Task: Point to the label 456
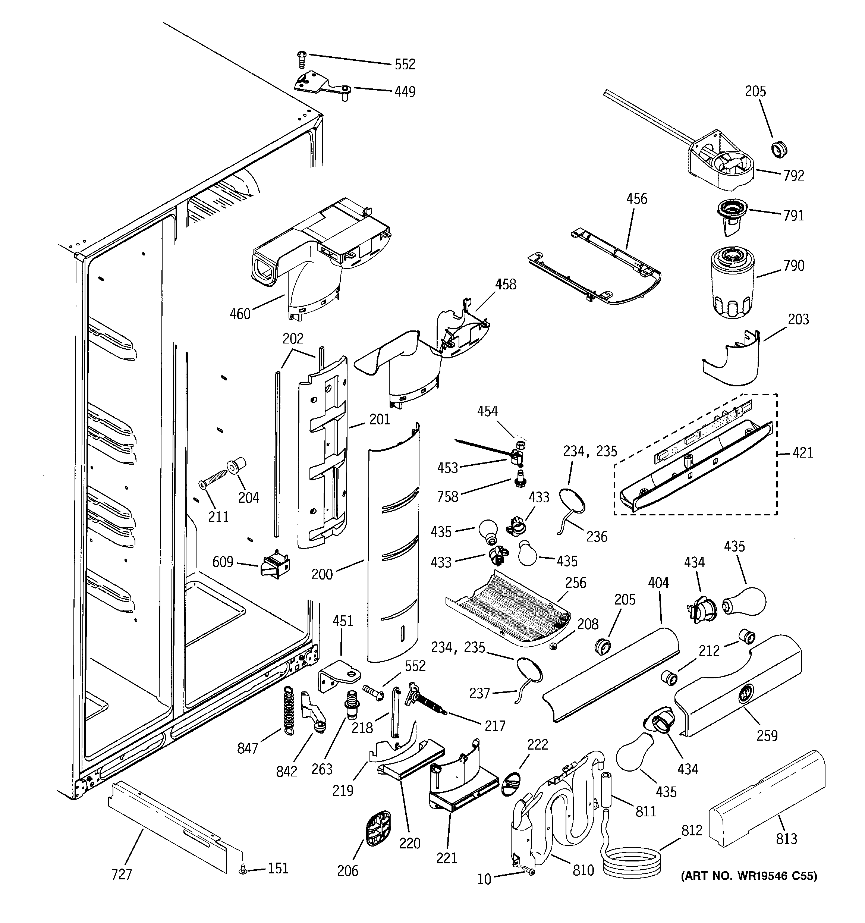(x=636, y=199)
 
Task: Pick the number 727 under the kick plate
(x=122, y=875)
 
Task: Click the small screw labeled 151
(x=242, y=869)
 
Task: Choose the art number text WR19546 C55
(x=748, y=876)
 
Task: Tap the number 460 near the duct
(x=240, y=314)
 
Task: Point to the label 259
(x=767, y=735)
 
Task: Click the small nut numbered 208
(x=553, y=646)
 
